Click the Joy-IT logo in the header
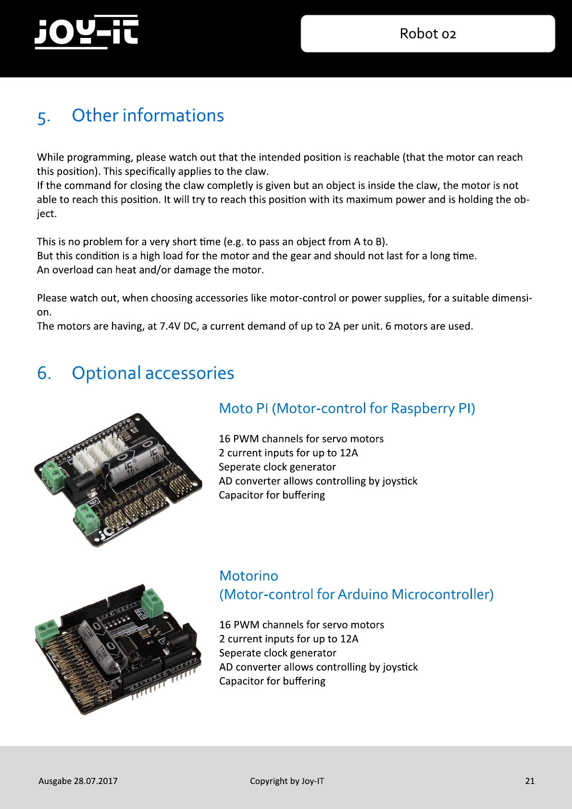pyautogui.click(x=87, y=32)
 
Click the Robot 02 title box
pyautogui.click(x=428, y=34)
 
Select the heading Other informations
pyautogui.click(x=148, y=115)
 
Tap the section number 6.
pyautogui.click(x=44, y=373)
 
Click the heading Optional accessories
pyautogui.click(x=153, y=373)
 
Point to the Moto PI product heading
pyautogui.click(x=347, y=409)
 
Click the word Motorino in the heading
pyautogui.click(x=249, y=576)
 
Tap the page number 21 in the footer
pyautogui.click(x=530, y=781)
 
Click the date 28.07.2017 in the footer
pyautogui.click(x=96, y=781)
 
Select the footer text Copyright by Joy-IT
pyautogui.click(x=287, y=781)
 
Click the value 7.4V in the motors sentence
pyautogui.click(x=170, y=326)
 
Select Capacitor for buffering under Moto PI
pyautogui.click(x=272, y=495)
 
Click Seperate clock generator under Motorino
pyautogui.click(x=277, y=653)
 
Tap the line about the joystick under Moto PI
pyautogui.click(x=318, y=481)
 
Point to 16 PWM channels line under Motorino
pyautogui.click(x=301, y=625)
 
